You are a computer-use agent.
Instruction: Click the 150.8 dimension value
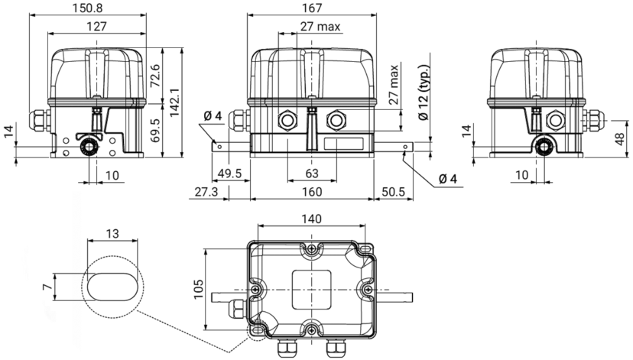coord(87,8)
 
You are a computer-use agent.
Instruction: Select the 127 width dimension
coord(97,27)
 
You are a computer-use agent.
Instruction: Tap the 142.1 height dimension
coord(174,103)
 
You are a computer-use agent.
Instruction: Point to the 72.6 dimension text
coord(154,76)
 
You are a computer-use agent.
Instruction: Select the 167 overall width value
coord(312,8)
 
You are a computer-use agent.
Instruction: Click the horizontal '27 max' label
coord(320,27)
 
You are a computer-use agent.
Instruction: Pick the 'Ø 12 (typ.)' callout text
coord(424,92)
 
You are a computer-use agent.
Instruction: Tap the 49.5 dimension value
coord(229,174)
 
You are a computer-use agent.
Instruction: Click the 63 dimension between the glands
coord(312,174)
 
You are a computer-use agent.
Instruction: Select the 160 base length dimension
coord(312,192)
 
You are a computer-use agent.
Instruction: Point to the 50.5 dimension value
coord(393,192)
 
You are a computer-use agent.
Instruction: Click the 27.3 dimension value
coord(206,192)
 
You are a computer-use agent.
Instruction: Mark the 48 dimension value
coord(620,139)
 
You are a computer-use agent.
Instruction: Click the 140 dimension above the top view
coord(312,219)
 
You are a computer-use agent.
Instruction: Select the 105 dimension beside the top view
coord(199,289)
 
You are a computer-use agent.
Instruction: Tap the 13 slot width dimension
coord(112,234)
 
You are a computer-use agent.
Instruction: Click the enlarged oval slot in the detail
coord(112,287)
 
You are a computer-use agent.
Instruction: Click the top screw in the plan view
coord(311,249)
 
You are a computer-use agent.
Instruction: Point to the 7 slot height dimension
coord(47,287)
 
